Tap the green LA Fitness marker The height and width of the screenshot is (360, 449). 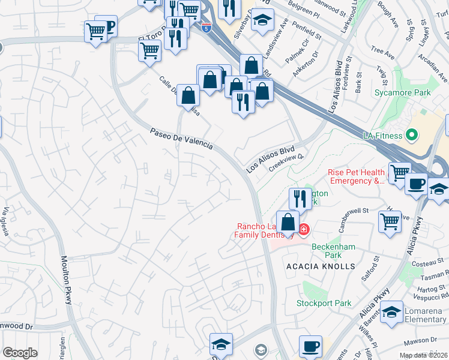(412, 134)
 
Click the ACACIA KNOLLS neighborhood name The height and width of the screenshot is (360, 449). (321, 266)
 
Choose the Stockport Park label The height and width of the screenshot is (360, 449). (324, 303)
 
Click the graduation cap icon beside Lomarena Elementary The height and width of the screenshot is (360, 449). (391, 312)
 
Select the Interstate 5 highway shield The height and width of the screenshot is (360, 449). (206, 28)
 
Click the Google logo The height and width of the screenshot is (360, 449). (20, 353)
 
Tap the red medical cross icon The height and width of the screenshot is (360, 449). (304, 229)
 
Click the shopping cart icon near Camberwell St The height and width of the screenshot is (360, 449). (390, 221)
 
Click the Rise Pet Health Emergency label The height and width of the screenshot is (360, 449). (355, 176)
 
